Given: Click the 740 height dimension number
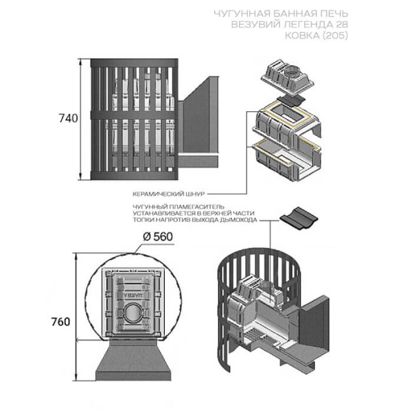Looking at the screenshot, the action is pos(68,118).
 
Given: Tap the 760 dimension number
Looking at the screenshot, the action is pos(60,321).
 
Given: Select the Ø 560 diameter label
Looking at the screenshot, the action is pos(158,237).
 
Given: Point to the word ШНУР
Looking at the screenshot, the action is pos(195,194).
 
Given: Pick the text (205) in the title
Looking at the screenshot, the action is pos(334,36).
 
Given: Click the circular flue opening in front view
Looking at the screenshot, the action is pos(133,313).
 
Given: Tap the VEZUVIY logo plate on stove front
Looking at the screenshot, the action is pos(133,295).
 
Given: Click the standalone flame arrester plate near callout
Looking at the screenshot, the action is pos(299,218).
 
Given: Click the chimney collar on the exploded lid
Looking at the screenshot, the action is pos(292,71).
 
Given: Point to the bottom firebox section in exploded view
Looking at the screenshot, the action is pos(286,161).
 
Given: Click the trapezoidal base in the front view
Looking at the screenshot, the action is pos(133,358).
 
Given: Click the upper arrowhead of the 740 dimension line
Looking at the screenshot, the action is pos(81,62).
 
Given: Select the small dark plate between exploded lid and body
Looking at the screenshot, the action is pos(291,100).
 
